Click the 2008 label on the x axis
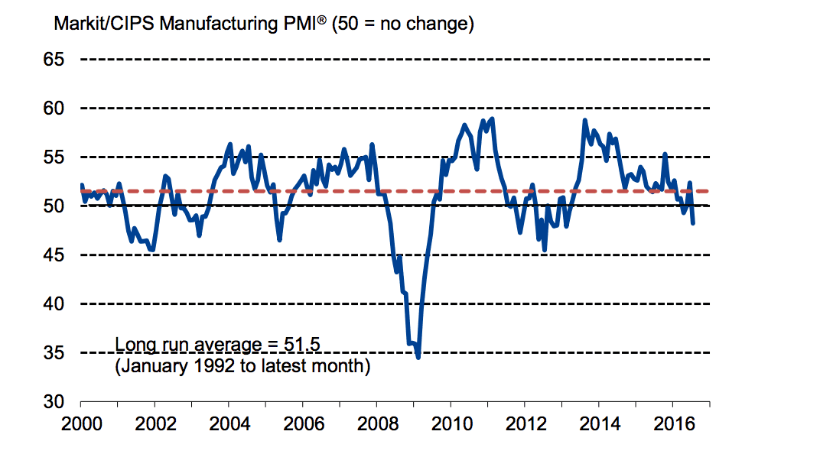(x=376, y=423)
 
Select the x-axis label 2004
(x=229, y=423)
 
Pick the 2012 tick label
(x=524, y=423)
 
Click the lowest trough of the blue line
(x=418, y=356)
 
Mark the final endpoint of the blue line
(x=693, y=223)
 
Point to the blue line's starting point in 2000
(x=81, y=185)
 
